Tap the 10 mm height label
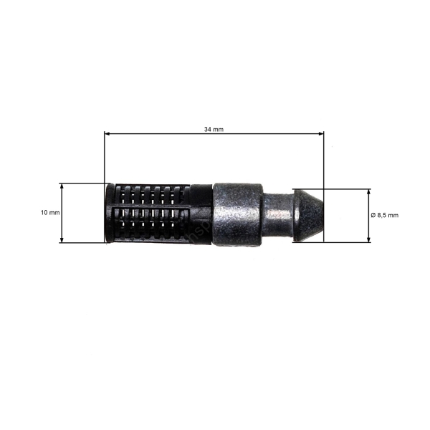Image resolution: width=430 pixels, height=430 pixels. [50, 213]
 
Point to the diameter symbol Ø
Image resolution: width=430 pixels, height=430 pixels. [373, 215]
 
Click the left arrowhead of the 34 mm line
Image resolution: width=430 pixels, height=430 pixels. [107, 133]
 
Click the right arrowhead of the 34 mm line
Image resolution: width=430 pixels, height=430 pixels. [320, 133]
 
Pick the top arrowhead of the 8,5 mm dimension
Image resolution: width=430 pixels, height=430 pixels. [370, 192]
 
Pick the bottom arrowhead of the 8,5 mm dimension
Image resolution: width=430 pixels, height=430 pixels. [370, 239]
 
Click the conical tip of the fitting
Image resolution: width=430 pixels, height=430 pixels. [307, 215]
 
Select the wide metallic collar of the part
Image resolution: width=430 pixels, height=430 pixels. [238, 214]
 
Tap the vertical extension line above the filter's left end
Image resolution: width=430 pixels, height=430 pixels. [105, 158]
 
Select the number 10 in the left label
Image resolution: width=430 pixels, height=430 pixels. [44, 213]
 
